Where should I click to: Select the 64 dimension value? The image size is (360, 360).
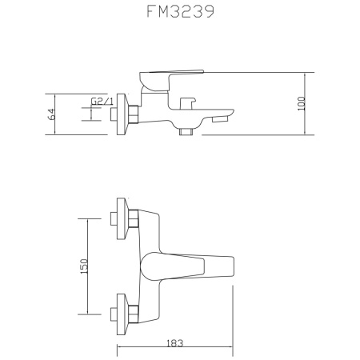point(52,114)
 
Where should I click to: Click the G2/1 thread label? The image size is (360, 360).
point(99,102)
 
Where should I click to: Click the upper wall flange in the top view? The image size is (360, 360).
point(122,217)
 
